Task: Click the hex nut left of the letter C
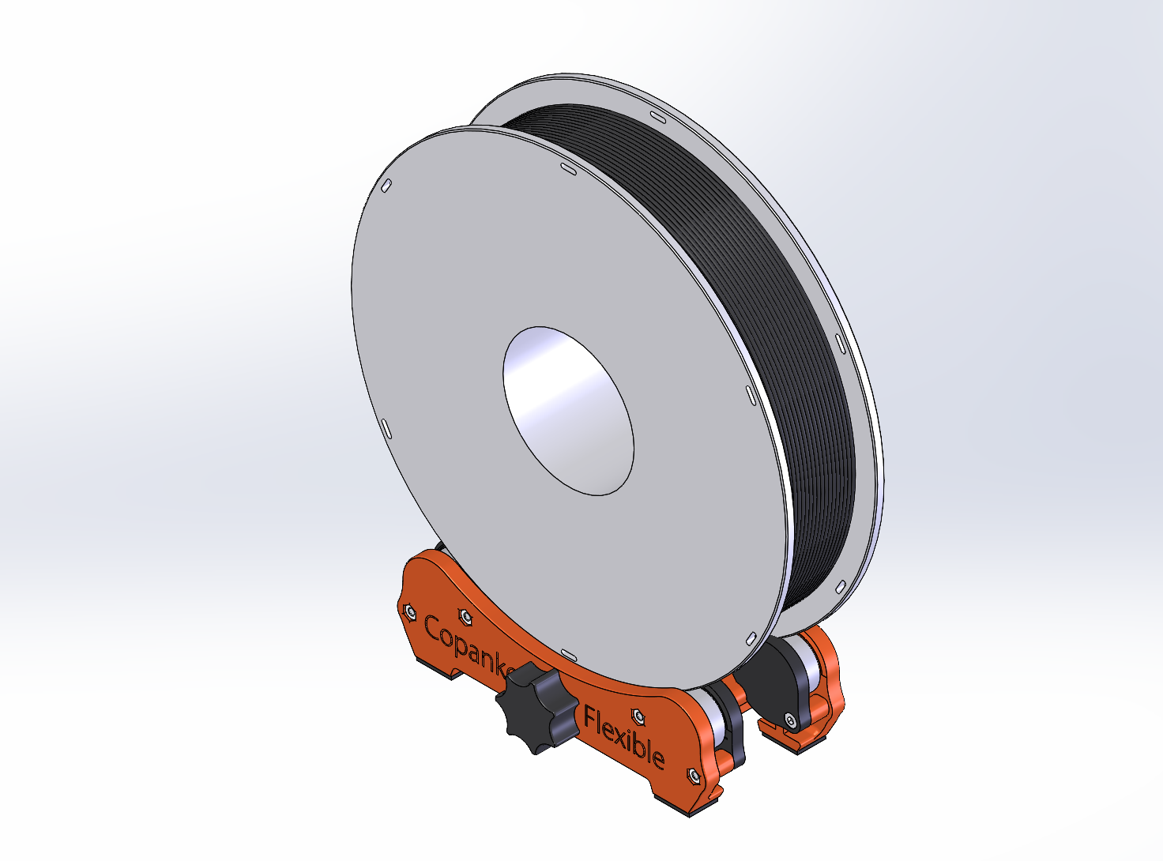409,611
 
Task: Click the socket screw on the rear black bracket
790,719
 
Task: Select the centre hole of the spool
569,411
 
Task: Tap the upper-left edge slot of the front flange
386,186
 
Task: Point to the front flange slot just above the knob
567,652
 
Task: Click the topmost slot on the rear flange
657,117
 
